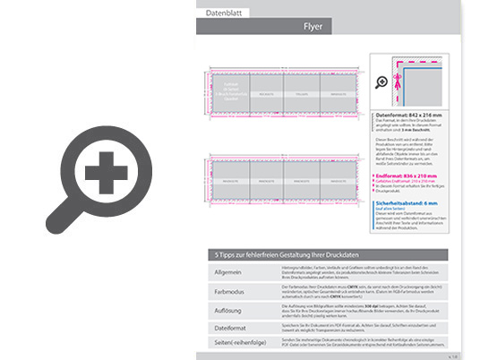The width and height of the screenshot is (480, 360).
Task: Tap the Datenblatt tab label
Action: click(x=225, y=13)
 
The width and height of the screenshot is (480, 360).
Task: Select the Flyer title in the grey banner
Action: click(x=313, y=27)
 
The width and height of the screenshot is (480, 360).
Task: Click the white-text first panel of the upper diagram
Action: click(x=229, y=91)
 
